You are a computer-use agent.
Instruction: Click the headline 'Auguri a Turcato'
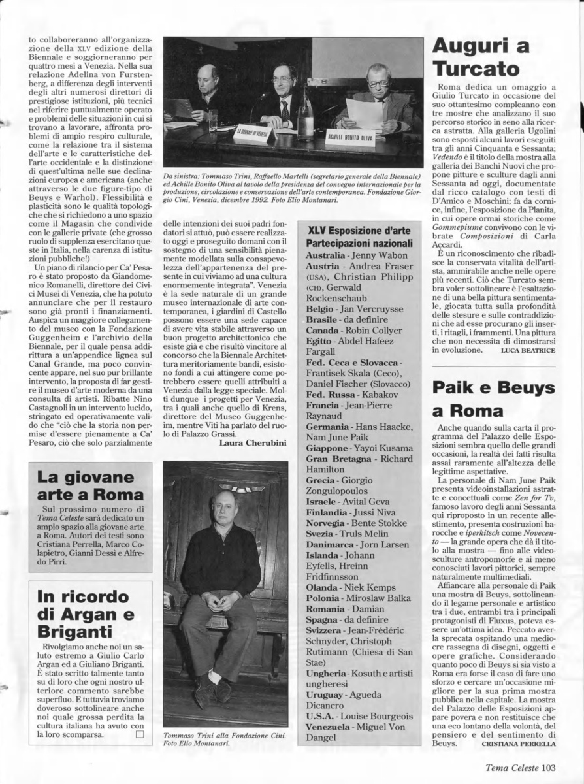click(x=476, y=57)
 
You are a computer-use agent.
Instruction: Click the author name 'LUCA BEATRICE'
click(x=528, y=351)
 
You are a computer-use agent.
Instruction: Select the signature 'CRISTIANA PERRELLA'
click(x=518, y=743)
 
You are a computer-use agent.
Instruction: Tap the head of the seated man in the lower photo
click(x=223, y=507)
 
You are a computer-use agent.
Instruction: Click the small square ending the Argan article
click(x=138, y=734)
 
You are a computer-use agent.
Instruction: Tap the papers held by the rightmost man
click(x=364, y=113)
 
